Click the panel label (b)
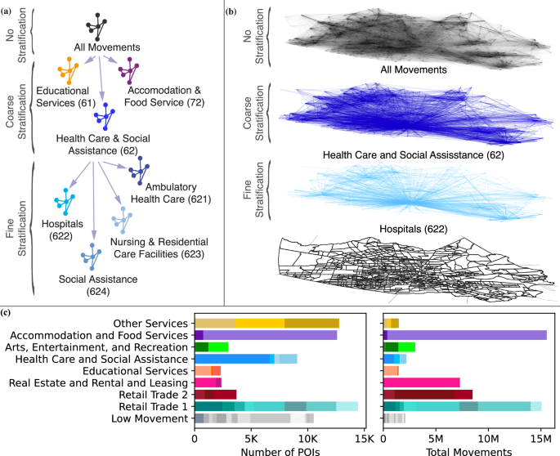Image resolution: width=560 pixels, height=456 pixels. click(x=232, y=10)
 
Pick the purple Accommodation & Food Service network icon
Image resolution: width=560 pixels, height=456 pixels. click(x=129, y=73)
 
